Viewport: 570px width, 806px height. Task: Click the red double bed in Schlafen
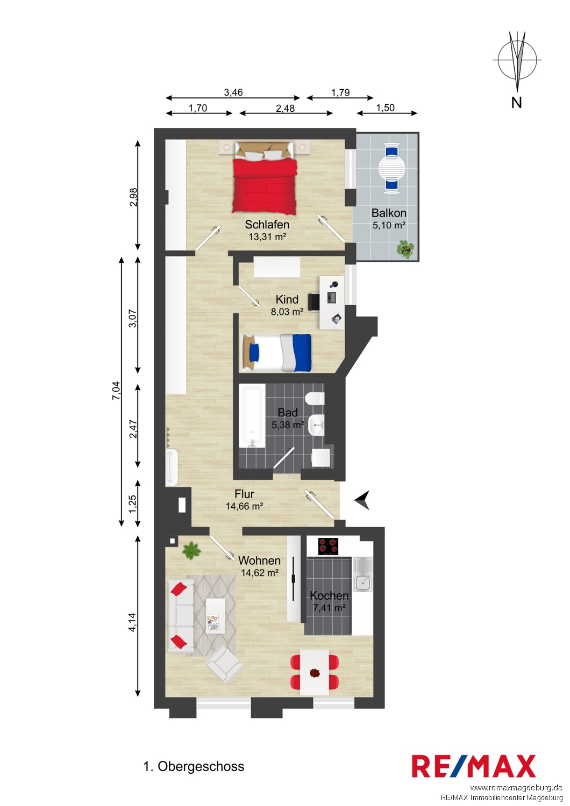266,178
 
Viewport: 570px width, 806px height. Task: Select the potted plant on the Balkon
405,249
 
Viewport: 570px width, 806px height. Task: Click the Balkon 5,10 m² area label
389,219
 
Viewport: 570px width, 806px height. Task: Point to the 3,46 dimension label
233,92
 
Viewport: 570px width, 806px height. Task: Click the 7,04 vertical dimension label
116,391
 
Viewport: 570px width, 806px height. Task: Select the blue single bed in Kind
276,352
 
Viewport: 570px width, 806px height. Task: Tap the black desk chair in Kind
313,301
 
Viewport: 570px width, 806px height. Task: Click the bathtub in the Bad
252,415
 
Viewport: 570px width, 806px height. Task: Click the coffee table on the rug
216,616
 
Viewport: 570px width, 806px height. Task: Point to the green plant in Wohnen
191,551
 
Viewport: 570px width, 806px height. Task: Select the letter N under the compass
516,103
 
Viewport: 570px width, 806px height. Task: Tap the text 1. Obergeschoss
194,766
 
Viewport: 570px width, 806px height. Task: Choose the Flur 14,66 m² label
244,500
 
